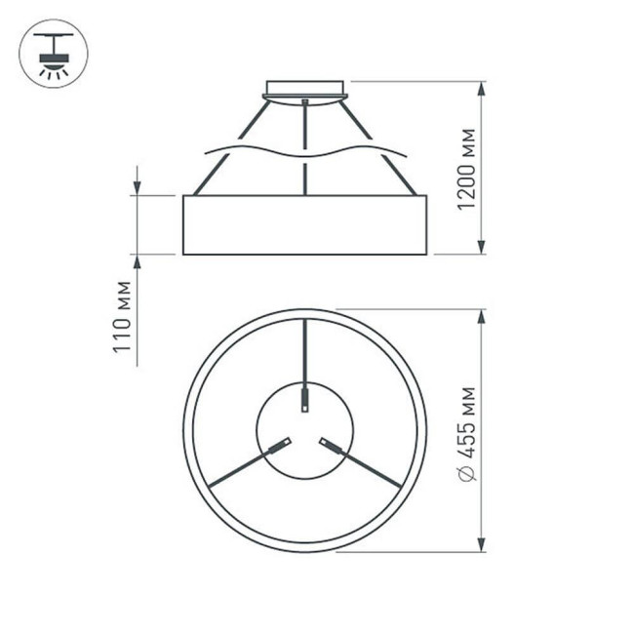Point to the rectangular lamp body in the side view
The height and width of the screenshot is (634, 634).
click(x=305, y=225)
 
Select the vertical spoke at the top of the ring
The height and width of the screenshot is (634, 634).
click(x=305, y=351)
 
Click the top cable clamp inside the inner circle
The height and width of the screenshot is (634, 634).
click(x=305, y=401)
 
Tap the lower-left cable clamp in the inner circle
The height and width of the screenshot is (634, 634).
click(x=280, y=448)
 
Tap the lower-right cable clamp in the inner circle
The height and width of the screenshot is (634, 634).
click(x=331, y=448)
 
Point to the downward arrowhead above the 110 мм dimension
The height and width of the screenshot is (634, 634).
click(x=137, y=186)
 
